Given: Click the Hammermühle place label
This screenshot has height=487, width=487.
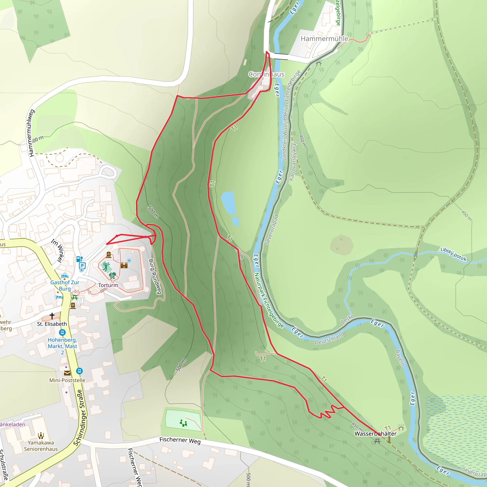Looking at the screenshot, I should (x=324, y=39).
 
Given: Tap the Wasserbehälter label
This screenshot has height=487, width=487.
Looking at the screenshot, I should (x=375, y=433).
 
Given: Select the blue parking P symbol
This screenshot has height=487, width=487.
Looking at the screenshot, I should (x=82, y=266).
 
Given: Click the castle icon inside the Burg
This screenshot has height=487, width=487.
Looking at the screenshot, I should (x=124, y=265).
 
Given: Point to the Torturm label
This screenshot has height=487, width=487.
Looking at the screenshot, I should (x=108, y=285).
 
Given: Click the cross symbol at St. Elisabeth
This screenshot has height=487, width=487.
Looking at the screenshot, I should (x=52, y=316).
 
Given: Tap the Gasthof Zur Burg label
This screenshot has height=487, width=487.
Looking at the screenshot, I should (x=65, y=285).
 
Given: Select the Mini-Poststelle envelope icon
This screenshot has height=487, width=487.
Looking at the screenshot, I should (x=67, y=373).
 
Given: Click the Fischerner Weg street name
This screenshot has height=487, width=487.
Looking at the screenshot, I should (x=180, y=440).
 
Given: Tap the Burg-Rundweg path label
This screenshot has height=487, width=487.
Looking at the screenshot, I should (x=155, y=276).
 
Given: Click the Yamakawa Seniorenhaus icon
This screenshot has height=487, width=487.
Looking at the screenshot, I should (x=41, y=436).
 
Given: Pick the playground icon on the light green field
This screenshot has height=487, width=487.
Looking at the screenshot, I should (x=184, y=423).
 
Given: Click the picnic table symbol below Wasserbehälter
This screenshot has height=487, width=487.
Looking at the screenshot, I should (x=377, y=441).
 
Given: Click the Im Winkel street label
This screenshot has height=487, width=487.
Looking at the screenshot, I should (x=58, y=250).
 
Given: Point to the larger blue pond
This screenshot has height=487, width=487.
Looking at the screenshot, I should (x=228, y=203).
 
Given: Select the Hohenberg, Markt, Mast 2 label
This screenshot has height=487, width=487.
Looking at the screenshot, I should (x=63, y=346).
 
